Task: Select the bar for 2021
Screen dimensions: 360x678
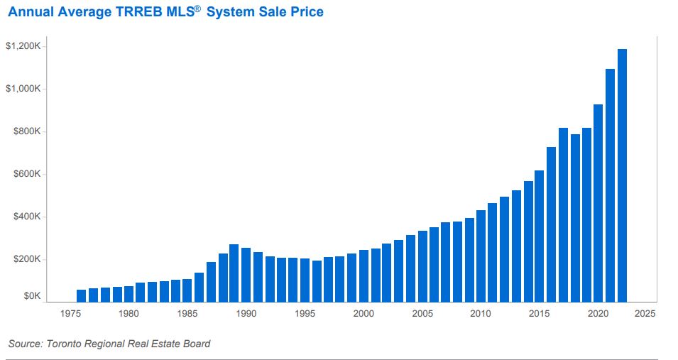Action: [x=610, y=185]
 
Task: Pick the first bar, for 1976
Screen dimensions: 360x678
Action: [x=81, y=295]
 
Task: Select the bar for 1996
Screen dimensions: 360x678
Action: [x=317, y=281]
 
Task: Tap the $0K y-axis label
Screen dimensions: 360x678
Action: [x=33, y=296]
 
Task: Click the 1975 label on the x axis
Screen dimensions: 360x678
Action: [x=70, y=313]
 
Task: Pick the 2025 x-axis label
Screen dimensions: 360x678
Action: [x=645, y=313]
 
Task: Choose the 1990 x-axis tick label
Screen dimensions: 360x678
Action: [x=246, y=313]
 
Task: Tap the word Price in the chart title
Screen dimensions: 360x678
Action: [x=307, y=12]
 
